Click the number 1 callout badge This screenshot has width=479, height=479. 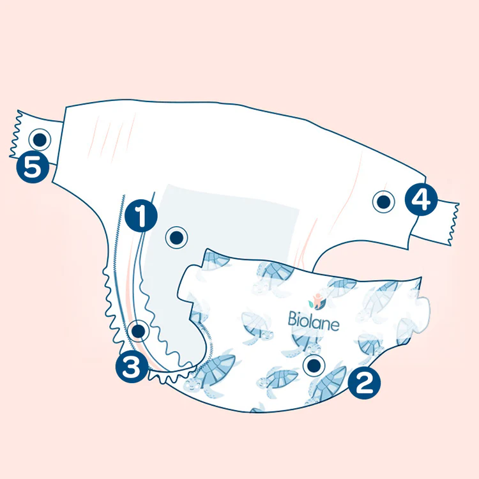141,215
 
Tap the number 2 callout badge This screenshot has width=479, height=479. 364,383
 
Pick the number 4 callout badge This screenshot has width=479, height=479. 420,199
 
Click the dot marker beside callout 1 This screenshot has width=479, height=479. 177,238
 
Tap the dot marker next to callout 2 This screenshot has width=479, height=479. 314,365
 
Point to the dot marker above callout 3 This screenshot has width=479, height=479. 138,331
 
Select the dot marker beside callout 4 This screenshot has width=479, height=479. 383,202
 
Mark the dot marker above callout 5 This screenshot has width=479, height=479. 41,138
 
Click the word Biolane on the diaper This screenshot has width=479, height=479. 314,320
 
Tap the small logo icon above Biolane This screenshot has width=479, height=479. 316,300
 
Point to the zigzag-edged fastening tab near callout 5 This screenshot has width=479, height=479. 32,135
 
